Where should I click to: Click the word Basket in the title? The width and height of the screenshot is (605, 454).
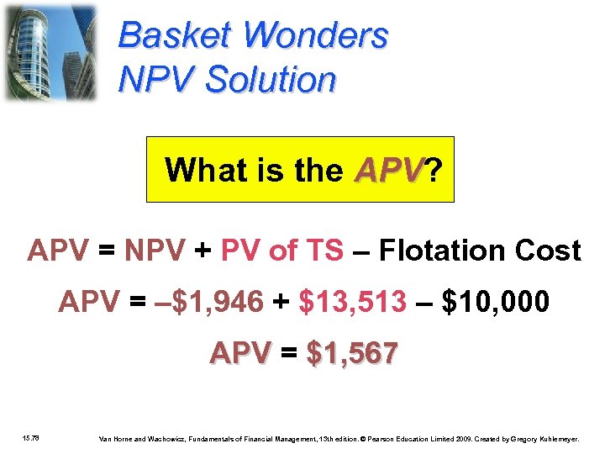pos(176,36)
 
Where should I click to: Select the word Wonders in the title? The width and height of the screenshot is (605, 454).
pos(316,36)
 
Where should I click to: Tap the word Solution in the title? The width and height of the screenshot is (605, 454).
pos(271,80)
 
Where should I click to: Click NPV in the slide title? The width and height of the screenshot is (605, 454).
pos(157,80)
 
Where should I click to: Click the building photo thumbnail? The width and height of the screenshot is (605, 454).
pos(50,52)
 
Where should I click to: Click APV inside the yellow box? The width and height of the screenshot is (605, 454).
pos(389,171)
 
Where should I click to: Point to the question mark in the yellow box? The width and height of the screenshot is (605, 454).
pos(434,171)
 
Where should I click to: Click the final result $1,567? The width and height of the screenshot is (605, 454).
pos(353,354)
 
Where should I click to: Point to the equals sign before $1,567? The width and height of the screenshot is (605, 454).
pos(288,354)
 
